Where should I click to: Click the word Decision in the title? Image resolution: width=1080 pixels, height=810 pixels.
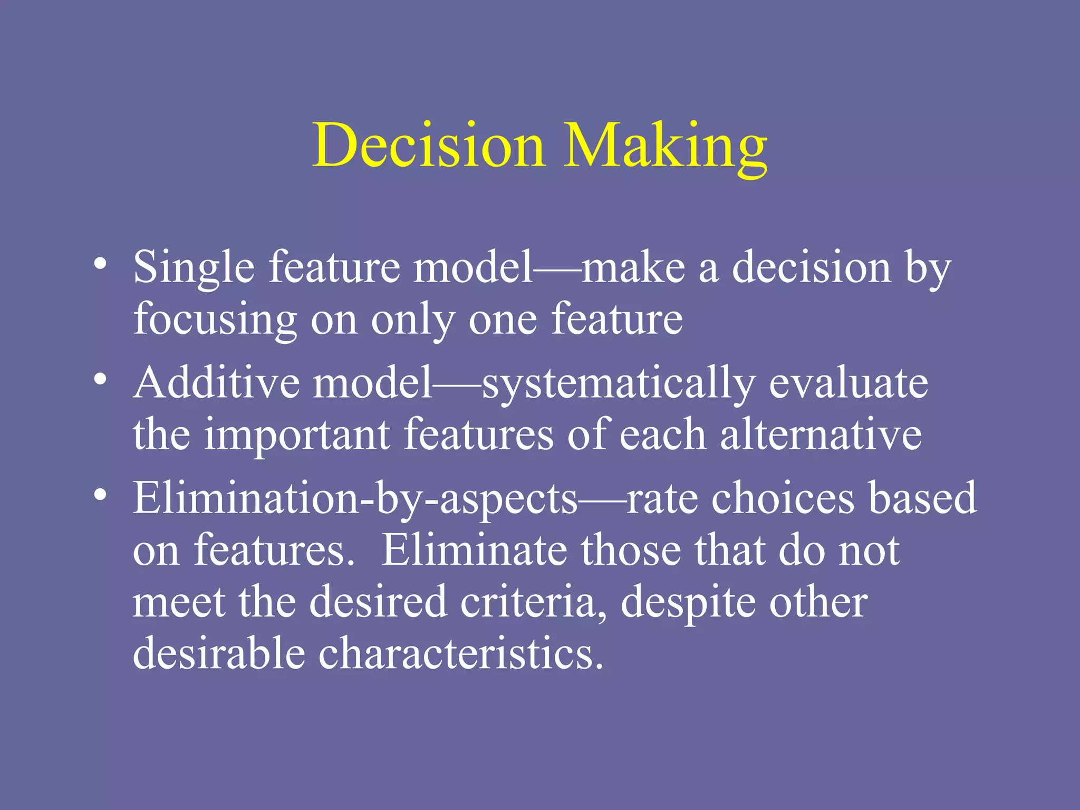(x=428, y=145)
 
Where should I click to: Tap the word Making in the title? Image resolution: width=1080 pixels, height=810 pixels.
(x=666, y=145)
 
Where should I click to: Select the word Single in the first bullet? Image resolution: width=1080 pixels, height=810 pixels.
(x=194, y=268)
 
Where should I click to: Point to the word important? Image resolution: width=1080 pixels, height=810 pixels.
(x=297, y=436)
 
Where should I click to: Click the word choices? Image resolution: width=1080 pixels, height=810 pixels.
(x=783, y=498)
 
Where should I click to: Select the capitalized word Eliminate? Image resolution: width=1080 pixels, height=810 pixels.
(x=474, y=549)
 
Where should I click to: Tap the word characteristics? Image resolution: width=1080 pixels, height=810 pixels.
(x=460, y=653)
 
